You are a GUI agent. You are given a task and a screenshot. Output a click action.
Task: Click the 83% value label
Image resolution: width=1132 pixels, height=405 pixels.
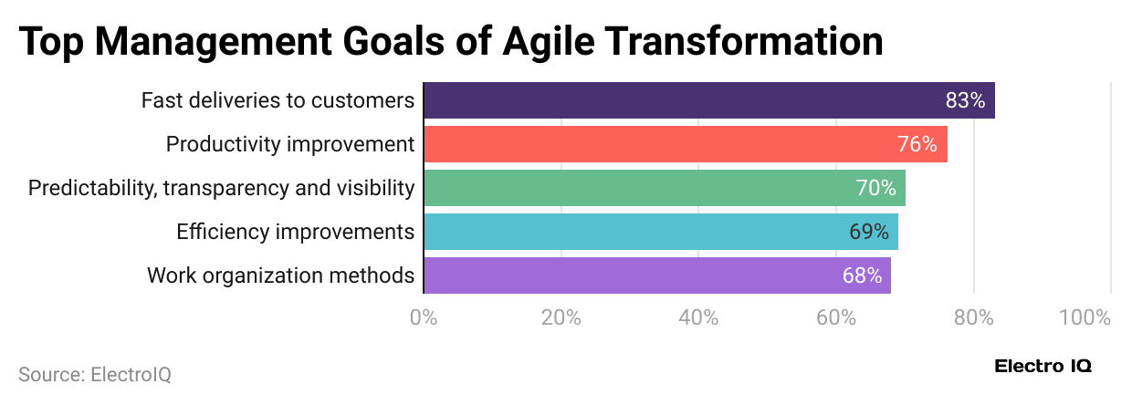(x=965, y=100)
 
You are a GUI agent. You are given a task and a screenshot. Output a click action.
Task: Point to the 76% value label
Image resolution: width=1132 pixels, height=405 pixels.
(x=917, y=144)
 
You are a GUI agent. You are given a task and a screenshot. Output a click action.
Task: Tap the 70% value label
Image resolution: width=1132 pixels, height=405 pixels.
(x=875, y=188)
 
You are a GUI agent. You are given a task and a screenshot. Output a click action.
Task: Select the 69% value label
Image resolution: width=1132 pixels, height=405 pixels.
(x=868, y=232)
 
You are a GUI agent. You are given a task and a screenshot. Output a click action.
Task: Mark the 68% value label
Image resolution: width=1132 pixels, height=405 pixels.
(x=862, y=275)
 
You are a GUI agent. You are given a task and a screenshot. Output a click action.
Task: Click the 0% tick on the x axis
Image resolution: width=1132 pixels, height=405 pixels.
(x=424, y=317)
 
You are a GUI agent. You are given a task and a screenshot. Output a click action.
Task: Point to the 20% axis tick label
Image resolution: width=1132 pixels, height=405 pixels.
(x=561, y=317)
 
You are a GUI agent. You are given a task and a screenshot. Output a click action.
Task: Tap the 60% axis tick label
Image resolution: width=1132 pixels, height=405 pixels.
(x=835, y=317)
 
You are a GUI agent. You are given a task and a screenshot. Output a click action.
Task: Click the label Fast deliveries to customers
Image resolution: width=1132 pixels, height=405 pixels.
(x=278, y=100)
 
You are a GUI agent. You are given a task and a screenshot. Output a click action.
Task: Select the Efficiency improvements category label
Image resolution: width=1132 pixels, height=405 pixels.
(x=295, y=232)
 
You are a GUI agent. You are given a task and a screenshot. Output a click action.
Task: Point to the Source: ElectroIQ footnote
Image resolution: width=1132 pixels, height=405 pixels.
(x=95, y=374)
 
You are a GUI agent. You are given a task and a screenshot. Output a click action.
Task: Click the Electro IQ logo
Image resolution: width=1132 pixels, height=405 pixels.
(x=1043, y=366)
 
